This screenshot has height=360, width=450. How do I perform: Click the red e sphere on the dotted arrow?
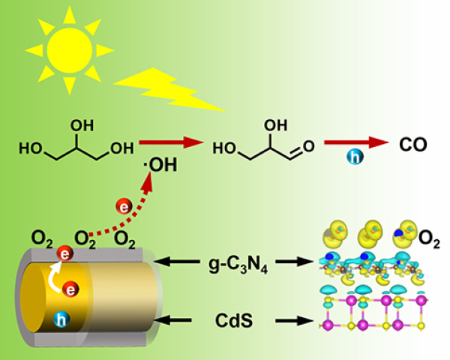125,205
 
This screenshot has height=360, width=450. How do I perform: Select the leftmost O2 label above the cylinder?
40,240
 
